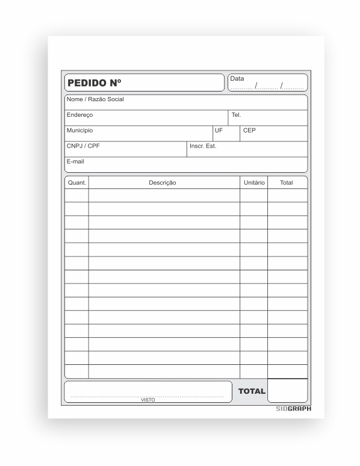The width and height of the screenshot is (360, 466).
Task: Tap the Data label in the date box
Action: coord(237,79)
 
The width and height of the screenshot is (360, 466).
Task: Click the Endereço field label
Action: coord(79,114)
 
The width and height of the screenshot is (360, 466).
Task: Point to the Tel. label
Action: coord(236,114)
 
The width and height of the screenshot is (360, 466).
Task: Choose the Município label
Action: coord(79,130)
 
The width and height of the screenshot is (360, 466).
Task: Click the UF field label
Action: coord(219,130)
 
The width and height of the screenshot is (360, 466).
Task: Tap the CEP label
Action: coord(249,130)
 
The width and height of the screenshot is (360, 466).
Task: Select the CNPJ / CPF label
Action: coord(83,146)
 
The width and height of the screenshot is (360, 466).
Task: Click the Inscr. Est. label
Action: coord(203,146)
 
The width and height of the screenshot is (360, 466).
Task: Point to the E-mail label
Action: coord(75,161)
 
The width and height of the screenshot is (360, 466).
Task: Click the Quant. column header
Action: coord(76,182)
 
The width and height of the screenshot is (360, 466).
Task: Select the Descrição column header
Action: coord(163,182)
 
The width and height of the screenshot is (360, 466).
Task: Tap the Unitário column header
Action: coord(254,182)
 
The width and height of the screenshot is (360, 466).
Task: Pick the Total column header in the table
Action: coord(287,182)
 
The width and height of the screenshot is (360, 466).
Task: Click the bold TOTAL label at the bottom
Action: coord(252,391)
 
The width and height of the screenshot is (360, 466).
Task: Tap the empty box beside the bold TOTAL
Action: coord(287,391)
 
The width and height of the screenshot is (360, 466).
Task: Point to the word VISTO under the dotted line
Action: coord(147,400)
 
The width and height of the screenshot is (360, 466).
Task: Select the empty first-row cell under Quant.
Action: coord(76,195)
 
